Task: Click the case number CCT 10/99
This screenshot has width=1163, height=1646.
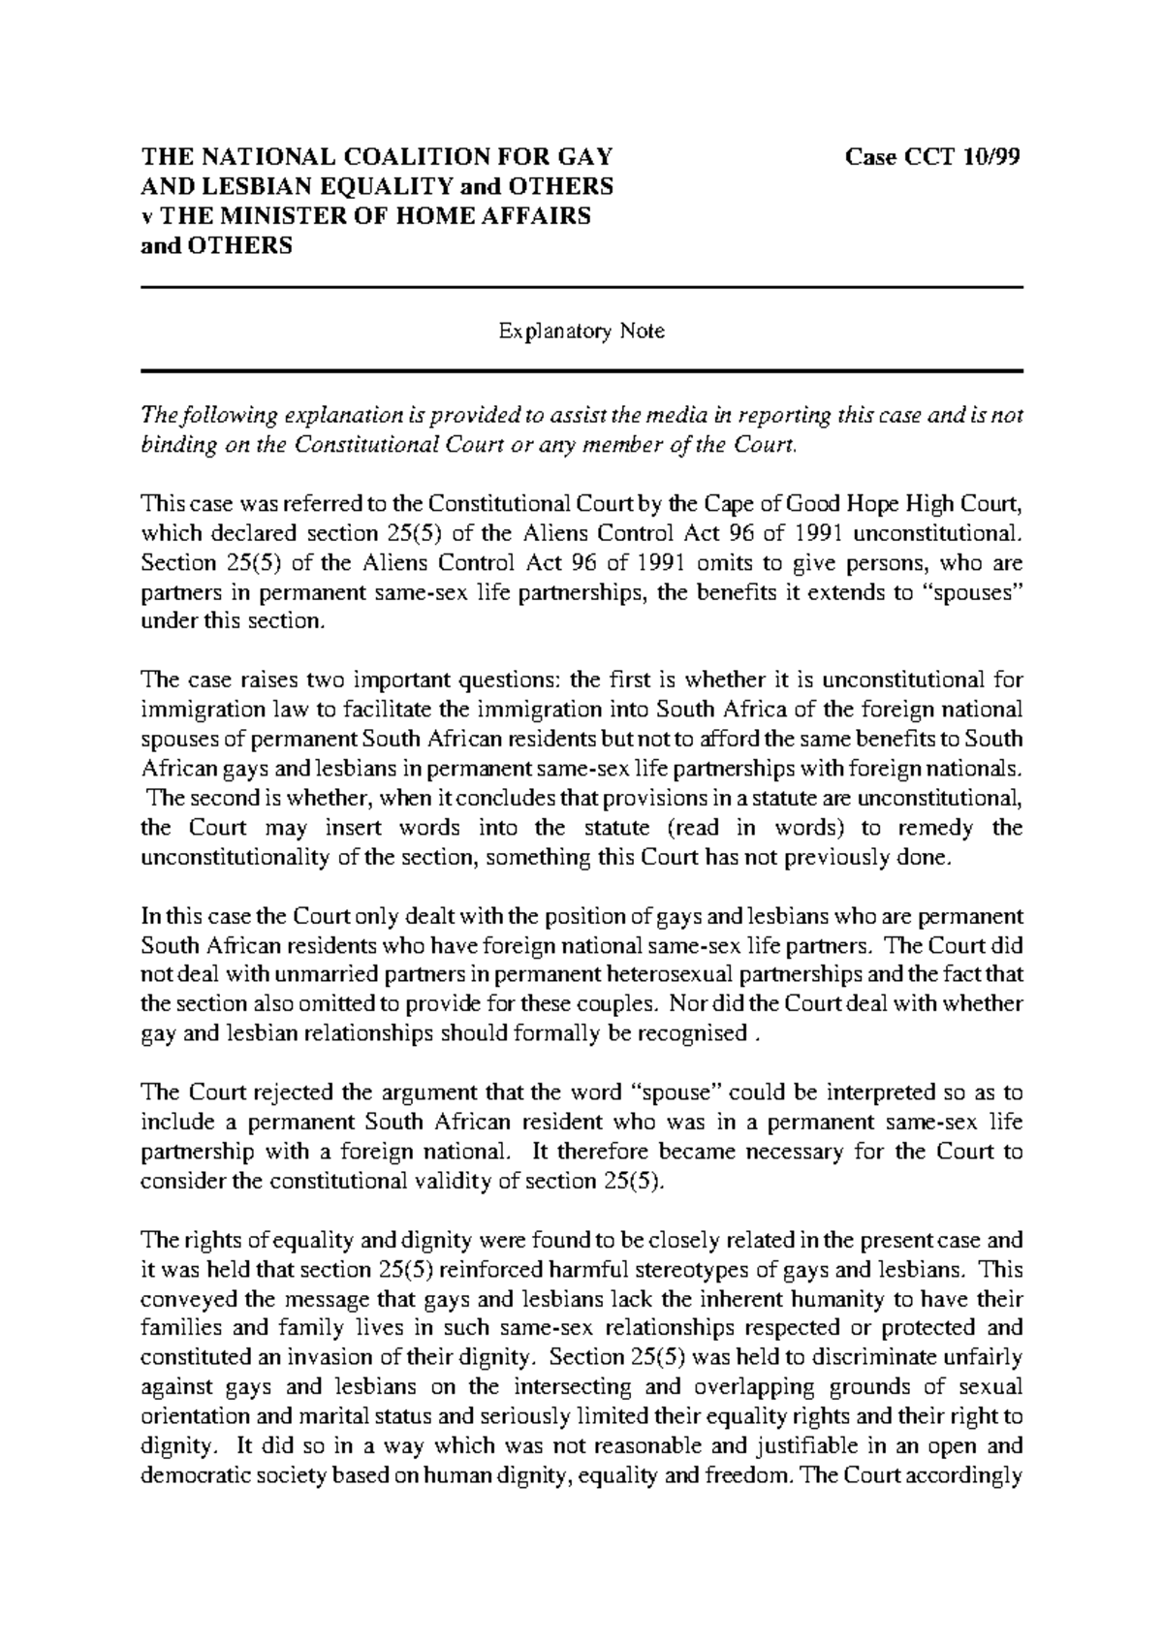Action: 934,157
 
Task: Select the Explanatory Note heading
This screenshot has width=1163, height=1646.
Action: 581,332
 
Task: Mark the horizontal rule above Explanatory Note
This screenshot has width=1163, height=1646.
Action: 581,288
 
